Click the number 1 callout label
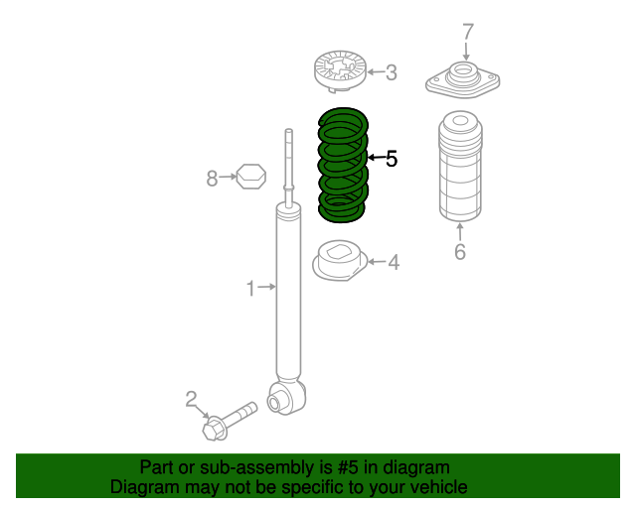point(250,288)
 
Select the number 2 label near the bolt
point(192,400)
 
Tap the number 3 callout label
point(391,71)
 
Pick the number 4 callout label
point(394,262)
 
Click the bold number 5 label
point(392,158)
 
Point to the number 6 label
point(459,252)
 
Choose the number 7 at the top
point(467,32)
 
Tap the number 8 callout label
point(212,179)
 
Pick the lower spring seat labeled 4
point(340,262)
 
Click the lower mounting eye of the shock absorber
point(279,398)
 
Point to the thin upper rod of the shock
point(288,159)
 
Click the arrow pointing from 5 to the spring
point(375,158)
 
